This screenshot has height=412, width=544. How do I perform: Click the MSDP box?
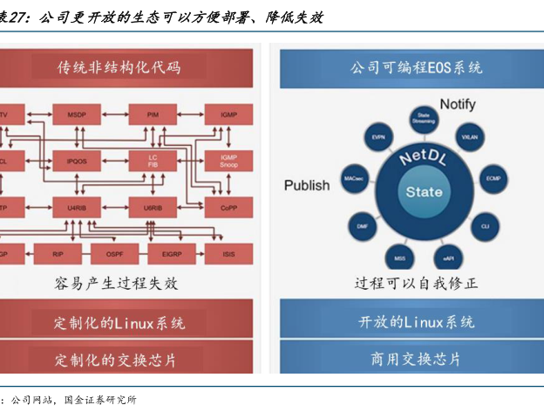(x=76, y=115)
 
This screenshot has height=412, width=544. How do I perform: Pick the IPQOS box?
(x=76, y=161)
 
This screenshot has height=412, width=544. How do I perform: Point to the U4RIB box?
(x=76, y=209)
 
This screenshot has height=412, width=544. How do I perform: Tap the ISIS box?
(x=228, y=255)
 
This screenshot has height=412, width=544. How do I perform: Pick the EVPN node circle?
(x=378, y=137)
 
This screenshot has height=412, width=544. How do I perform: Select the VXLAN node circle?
(x=469, y=137)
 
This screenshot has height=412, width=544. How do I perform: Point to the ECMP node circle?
(x=493, y=178)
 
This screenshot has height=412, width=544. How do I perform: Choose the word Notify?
(x=458, y=105)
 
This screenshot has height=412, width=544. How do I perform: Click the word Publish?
(x=307, y=185)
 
